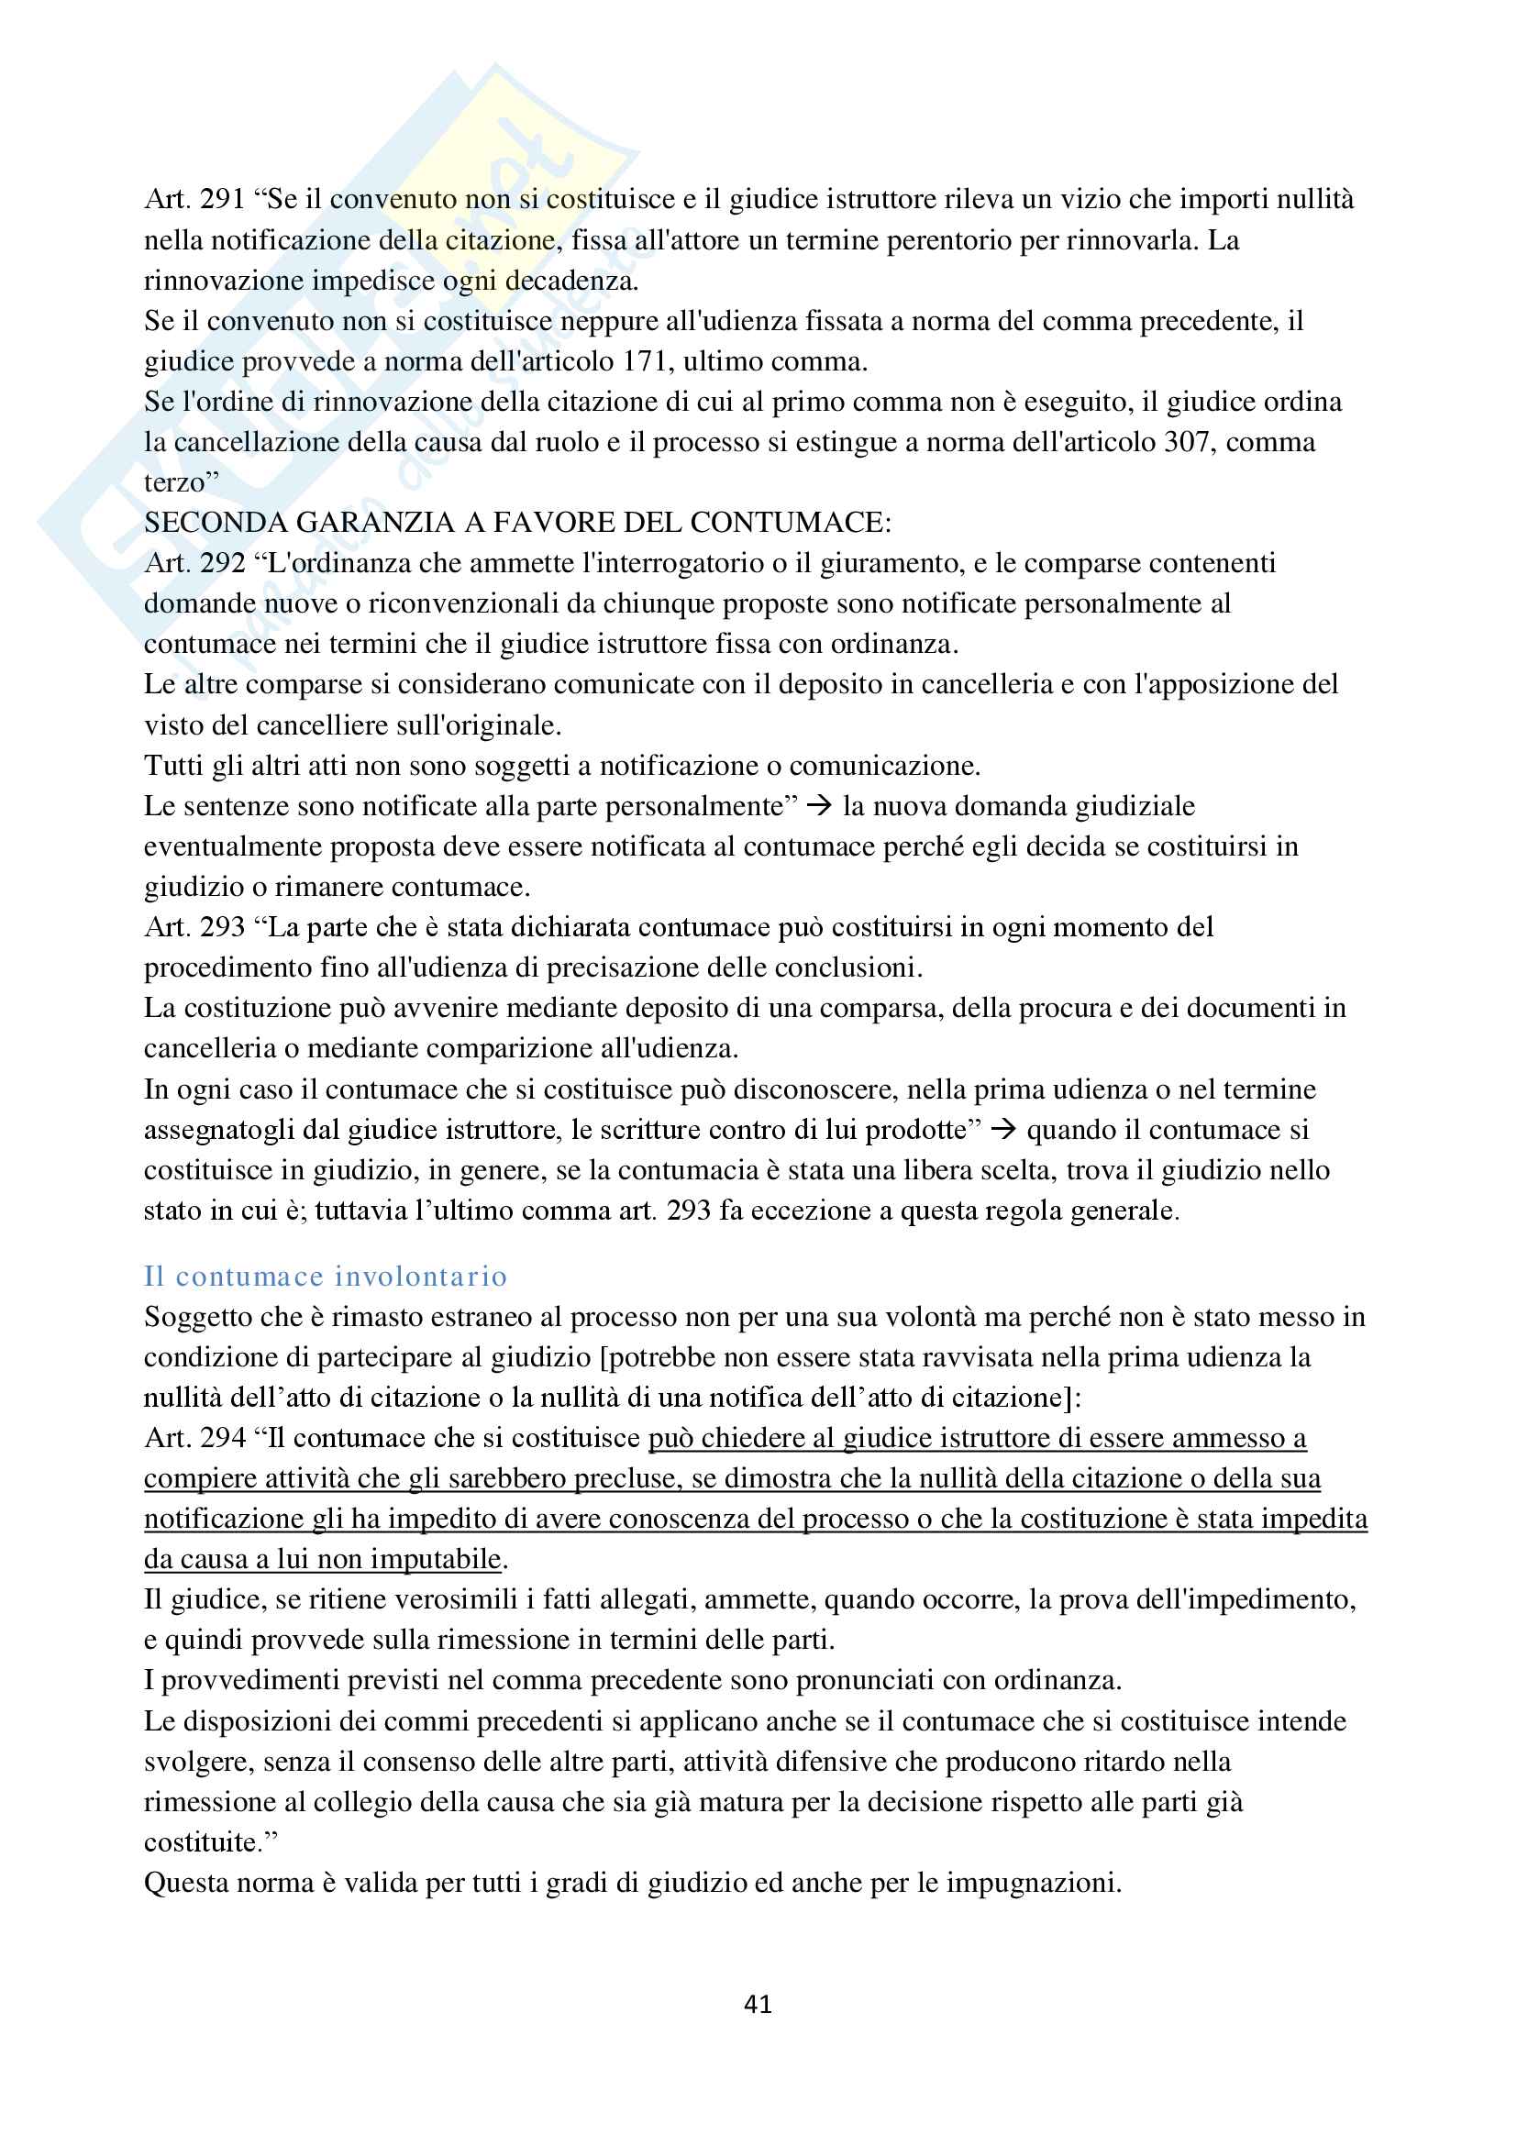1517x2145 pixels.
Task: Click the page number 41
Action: (x=758, y=2004)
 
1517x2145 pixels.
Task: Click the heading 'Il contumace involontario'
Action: (x=325, y=1277)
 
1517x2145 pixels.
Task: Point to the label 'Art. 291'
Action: (x=194, y=199)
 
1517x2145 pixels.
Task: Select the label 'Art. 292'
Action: (x=194, y=563)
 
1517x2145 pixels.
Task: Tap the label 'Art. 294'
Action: (x=194, y=1438)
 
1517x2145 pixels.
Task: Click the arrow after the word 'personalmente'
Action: (x=819, y=805)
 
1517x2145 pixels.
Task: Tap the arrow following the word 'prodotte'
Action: (x=1003, y=1130)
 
